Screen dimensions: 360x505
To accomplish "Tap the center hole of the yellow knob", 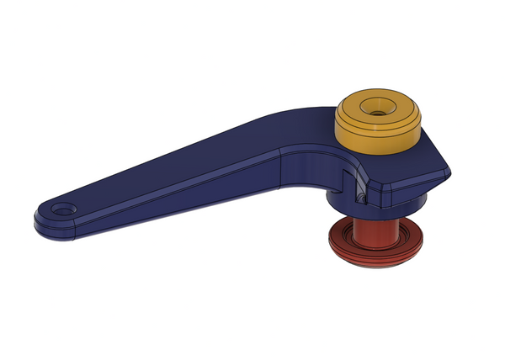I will pos(379,107).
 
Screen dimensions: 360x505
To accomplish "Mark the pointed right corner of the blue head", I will pos(447,172).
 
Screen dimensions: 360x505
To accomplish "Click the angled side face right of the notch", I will pos(404,190).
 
